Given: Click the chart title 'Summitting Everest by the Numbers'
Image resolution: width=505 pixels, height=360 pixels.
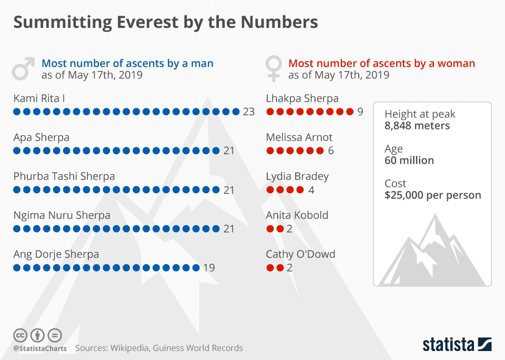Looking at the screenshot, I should click(165, 23).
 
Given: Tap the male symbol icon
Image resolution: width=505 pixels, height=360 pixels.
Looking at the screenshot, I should click(24, 68).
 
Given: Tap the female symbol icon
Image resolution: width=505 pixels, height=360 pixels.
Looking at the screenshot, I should click(274, 68).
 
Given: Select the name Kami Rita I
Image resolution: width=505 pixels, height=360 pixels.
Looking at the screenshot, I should click(39, 98).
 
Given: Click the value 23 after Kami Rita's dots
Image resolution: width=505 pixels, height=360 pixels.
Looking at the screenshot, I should click(249, 112).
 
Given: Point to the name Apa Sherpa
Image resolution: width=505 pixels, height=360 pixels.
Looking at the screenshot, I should click(41, 137).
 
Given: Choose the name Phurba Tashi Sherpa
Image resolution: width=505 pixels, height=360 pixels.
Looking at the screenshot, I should click(64, 176).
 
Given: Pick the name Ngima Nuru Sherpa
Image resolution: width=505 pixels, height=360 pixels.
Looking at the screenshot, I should click(62, 215).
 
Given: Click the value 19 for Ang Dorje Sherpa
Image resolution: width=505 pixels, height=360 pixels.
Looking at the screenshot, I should click(209, 267).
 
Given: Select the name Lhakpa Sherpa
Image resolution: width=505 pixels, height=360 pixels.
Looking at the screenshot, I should click(302, 98).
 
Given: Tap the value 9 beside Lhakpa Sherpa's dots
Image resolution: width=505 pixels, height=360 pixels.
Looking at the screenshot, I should click(360, 112).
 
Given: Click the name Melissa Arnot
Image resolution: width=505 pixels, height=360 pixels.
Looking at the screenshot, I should click(299, 137).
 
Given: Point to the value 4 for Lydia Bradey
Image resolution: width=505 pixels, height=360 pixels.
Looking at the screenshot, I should click(311, 189).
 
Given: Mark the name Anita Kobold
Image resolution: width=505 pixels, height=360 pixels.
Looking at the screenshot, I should click(297, 215).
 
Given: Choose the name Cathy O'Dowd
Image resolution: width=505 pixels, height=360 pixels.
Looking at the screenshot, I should click(300, 254).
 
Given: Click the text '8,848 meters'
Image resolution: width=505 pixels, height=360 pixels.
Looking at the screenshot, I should click(417, 126).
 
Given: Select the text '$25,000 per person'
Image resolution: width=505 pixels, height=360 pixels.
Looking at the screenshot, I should click(432, 195).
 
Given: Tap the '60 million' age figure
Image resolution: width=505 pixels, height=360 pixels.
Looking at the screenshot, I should click(409, 161).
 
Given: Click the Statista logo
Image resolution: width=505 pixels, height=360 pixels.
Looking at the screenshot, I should click(457, 345).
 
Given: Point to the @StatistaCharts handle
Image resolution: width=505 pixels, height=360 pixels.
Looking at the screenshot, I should click(40, 348).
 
